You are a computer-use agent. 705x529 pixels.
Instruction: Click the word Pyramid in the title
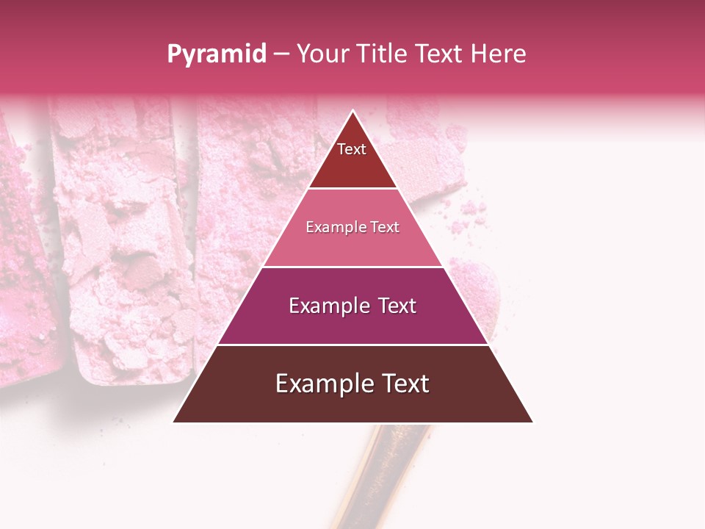coord(217,54)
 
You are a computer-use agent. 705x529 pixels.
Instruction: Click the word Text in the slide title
coord(440,54)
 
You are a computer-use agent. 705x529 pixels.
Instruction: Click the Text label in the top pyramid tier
coord(352,149)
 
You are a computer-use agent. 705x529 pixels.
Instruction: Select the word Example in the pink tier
coord(334,227)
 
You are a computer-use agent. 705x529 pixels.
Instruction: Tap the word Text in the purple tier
coord(397,306)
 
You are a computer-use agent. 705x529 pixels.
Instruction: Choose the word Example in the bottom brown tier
coord(320,384)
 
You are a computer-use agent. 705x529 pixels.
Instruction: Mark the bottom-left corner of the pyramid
coord(174,422)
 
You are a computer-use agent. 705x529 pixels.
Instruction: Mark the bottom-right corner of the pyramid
coord(532,422)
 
